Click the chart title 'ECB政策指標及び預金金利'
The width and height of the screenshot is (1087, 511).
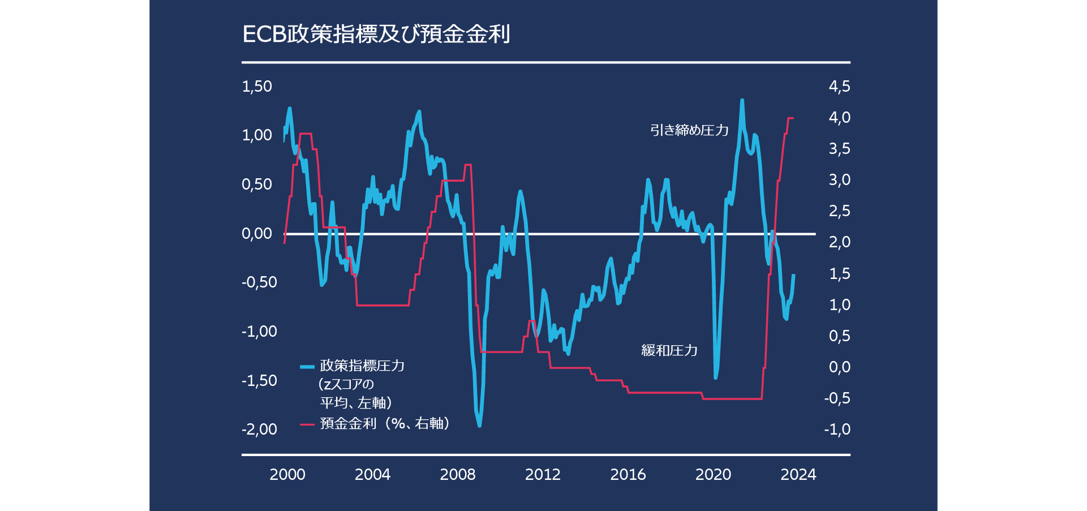376,34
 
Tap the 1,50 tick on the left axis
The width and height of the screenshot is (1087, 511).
257,87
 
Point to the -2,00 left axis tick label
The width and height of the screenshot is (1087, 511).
259,430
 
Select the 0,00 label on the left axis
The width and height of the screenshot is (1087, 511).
257,234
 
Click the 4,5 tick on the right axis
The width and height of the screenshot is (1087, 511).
839,87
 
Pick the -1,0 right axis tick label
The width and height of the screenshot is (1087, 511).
837,430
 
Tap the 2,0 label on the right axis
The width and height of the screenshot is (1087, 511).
839,242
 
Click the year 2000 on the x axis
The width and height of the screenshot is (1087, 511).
287,474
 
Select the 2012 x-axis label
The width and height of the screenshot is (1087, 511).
543,474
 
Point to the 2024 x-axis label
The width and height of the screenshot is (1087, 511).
798,474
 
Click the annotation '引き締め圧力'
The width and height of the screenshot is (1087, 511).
689,130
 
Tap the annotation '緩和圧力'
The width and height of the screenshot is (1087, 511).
669,350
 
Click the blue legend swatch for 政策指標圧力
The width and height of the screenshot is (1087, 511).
307,367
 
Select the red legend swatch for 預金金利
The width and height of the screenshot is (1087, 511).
307,424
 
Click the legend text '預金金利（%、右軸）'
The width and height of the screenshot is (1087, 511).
385,423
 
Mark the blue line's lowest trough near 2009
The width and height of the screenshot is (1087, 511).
479,426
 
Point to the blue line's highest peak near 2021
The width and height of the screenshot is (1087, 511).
742,101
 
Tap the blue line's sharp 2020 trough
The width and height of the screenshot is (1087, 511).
716,377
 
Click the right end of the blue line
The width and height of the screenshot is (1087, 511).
794,275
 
